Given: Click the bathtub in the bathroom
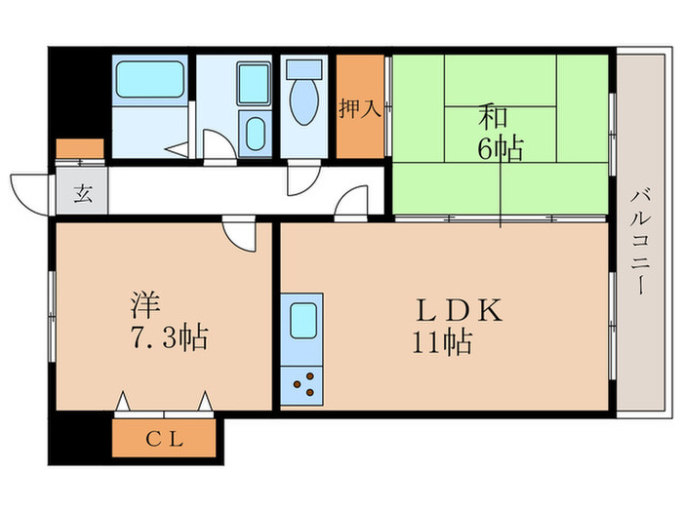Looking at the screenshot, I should click(x=149, y=80).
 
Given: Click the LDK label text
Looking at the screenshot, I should click(x=459, y=311).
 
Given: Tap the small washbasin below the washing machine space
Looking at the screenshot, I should click(x=256, y=134).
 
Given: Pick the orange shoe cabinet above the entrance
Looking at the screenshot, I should click(x=79, y=149).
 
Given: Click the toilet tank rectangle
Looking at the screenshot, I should click(x=305, y=69).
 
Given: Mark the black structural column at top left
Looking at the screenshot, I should click(x=76, y=93).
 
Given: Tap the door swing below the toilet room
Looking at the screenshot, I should click(x=302, y=179).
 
